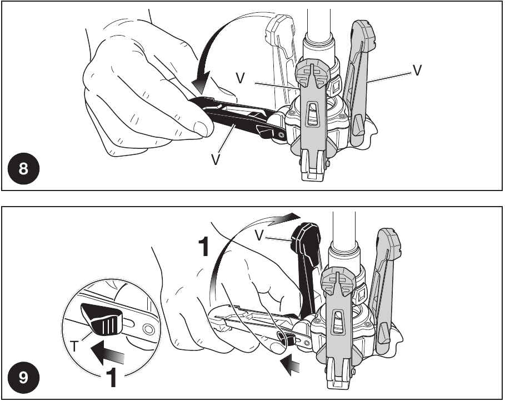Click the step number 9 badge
(23, 378)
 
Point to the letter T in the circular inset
(74, 347)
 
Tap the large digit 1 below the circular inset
(111, 377)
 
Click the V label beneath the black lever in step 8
(216, 159)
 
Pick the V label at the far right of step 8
(417, 70)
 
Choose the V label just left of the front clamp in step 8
(240, 78)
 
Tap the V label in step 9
(259, 235)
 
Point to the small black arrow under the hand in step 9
(289, 364)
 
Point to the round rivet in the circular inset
(148, 329)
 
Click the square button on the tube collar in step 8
(336, 86)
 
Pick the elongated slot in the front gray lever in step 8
(311, 114)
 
